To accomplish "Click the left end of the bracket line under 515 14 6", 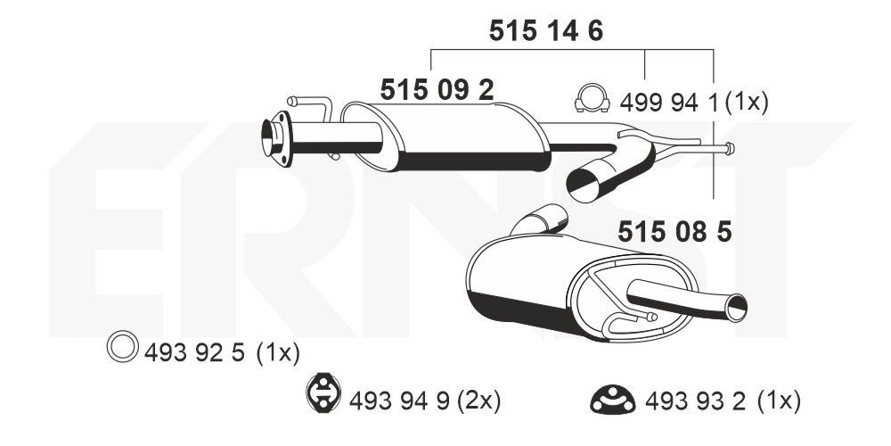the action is coord(431,50).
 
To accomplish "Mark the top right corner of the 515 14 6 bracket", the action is coord(713,50).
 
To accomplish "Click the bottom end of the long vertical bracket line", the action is coord(713,199).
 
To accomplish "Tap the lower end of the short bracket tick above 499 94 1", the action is coord(644,78).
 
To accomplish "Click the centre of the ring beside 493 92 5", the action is coord(122,346).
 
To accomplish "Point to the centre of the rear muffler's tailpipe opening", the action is coord(737,309).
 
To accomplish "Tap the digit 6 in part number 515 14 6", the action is coord(595,31).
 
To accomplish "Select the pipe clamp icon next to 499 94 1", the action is coord(593,98).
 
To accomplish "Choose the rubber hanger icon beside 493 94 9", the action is coord(322,392).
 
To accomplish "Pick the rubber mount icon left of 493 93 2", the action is coord(613,400).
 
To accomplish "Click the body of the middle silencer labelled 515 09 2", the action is coord(466,137).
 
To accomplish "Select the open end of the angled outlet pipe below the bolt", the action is coord(583,185).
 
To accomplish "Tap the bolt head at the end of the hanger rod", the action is coord(730,148).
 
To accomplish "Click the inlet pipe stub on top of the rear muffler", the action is coord(541,219).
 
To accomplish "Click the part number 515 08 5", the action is coord(674,232).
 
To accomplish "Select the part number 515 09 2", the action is coord(437,89).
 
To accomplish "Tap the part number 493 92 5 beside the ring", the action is coord(194,353).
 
